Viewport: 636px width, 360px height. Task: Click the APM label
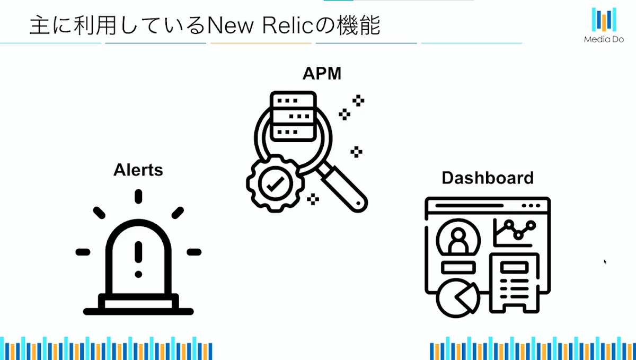coord(322,74)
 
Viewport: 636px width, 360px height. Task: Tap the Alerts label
coord(138,170)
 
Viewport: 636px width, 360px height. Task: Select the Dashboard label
coord(488,178)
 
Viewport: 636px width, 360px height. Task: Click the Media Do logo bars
coord(604,19)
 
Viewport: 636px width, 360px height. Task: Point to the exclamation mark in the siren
coord(138,259)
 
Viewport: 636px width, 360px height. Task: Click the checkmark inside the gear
coord(275,184)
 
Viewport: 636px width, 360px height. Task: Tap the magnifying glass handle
coord(343,188)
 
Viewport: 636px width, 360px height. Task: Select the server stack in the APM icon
coord(293,117)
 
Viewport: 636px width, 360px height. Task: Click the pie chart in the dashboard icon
coord(456,297)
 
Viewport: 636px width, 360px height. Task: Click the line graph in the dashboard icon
coord(515,233)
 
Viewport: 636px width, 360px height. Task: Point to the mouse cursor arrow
coord(605,262)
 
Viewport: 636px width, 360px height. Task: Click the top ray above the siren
coord(138,196)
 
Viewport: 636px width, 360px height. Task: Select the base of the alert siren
coord(138,305)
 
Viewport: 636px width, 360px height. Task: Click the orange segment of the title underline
coord(261,43)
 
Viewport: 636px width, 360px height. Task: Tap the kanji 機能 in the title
coord(359,25)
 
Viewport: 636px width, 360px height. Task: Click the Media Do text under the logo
coord(604,39)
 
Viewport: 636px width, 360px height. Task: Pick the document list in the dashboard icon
coord(514,283)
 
